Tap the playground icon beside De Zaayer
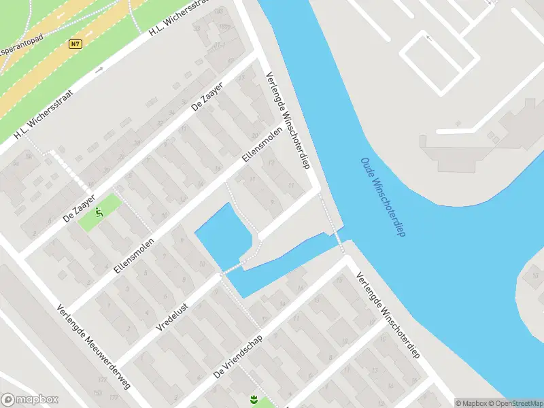point(100,213)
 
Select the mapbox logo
point(29,400)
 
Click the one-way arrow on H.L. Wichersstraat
point(99,69)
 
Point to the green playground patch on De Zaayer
point(100,212)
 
